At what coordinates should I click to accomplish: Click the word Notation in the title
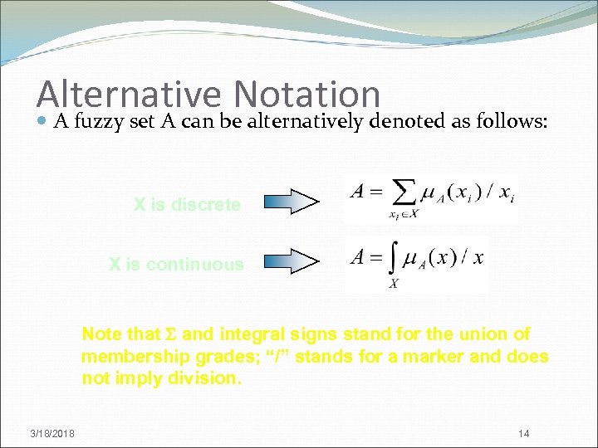point(307,95)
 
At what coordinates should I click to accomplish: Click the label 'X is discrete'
point(187,204)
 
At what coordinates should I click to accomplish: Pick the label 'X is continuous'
point(176,265)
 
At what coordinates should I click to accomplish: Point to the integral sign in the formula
point(394,258)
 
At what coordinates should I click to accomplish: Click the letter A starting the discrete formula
point(358,192)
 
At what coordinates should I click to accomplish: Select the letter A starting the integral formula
point(358,256)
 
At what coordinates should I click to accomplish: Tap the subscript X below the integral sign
point(394,283)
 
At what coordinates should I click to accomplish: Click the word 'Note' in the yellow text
point(100,334)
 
